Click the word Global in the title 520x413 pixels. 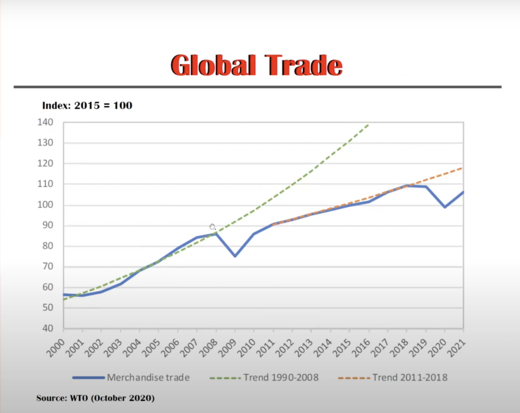pos(213,65)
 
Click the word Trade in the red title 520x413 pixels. pos(304,65)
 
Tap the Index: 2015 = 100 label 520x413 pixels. pos(87,105)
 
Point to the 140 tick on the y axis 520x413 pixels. pos(45,122)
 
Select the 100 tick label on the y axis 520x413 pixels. pos(45,204)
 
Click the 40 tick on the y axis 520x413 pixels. pos(47,328)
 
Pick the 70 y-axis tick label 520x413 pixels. pos(47,266)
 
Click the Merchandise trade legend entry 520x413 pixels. pos(131,378)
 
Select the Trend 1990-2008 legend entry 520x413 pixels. pos(264,378)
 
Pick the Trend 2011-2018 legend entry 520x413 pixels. pos(393,378)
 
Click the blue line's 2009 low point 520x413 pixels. pos(235,256)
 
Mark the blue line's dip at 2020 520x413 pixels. pos(445,207)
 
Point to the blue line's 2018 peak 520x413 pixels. pos(407,186)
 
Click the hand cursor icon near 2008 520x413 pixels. pos(212,226)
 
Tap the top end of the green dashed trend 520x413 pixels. pos(368,125)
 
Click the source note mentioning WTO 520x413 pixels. pos(95,398)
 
